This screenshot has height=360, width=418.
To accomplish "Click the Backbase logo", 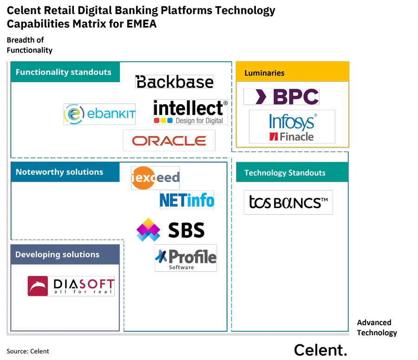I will click(x=174, y=82).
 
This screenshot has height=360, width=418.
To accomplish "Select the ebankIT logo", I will click(x=100, y=114).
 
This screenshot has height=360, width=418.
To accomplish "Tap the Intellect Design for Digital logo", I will click(x=191, y=112).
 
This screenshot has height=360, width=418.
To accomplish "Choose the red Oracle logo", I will click(x=169, y=140).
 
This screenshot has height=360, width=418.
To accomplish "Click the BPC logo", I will click(x=281, y=97).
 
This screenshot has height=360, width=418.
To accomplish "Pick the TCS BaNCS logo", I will click(x=288, y=202).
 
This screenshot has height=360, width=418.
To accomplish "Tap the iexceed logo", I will click(x=155, y=177).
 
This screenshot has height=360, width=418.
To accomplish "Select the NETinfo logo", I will click(x=187, y=200).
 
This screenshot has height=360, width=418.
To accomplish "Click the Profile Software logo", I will click(x=186, y=258).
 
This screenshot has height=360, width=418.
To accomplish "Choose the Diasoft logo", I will click(x=71, y=286).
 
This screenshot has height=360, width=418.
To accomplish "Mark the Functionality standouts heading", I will click(x=64, y=72).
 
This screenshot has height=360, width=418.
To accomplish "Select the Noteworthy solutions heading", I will click(x=59, y=172).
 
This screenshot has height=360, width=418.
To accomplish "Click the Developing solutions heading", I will click(x=58, y=255).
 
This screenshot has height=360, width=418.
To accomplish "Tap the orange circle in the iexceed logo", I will click(x=142, y=178).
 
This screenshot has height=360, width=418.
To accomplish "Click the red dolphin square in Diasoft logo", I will click(x=38, y=286).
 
